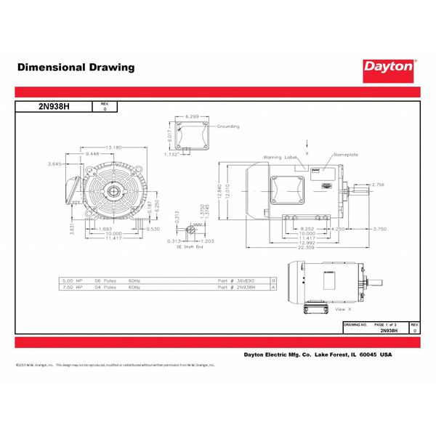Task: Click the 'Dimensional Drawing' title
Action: pyautogui.click(x=76, y=68)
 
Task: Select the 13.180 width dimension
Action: pyautogui.click(x=112, y=148)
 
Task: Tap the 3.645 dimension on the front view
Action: pyautogui.click(x=52, y=164)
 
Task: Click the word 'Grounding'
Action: pyautogui.click(x=229, y=126)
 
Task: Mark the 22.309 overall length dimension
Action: pyautogui.click(x=305, y=248)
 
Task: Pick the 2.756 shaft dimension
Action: pyautogui.click(x=378, y=186)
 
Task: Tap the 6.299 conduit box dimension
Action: pyautogui.click(x=193, y=116)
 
